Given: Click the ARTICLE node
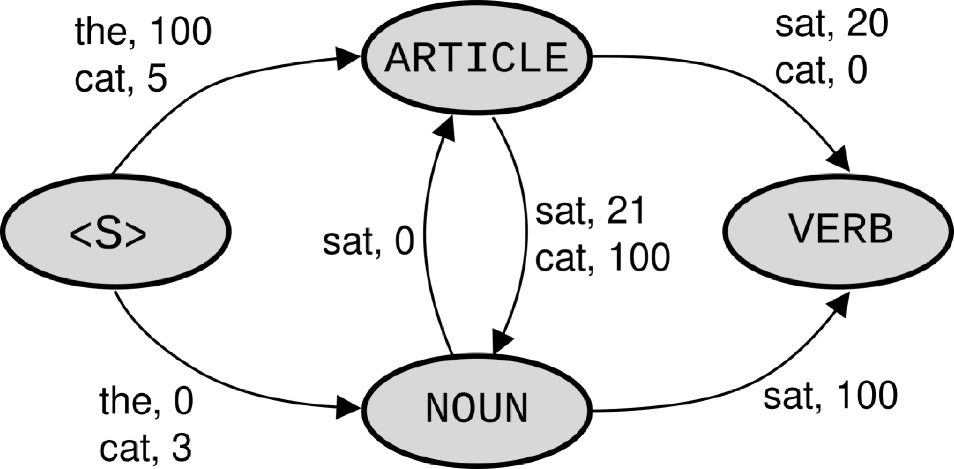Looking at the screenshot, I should coord(477,57).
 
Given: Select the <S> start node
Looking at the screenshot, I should coord(116,232).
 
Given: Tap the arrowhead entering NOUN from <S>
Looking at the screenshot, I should coord(348,408).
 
